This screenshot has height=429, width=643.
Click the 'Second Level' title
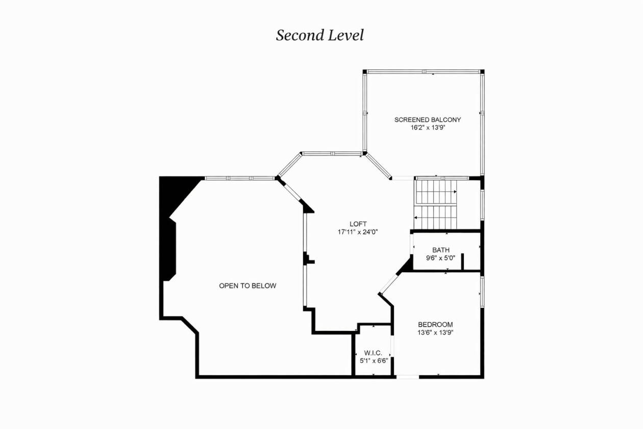320,35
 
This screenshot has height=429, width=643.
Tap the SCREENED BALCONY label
428,120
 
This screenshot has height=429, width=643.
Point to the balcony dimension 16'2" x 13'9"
428,128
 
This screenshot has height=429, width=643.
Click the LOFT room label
358,224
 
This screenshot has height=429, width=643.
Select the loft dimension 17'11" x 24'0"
358,232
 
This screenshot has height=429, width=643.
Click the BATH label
441,250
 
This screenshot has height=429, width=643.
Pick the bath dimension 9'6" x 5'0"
440,258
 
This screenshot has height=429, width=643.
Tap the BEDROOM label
435,325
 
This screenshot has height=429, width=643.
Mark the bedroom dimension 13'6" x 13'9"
435,333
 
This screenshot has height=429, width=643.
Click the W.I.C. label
373,353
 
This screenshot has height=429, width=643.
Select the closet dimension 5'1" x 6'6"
374,361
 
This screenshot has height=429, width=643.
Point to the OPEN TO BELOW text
248,285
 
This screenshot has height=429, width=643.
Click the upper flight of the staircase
436,192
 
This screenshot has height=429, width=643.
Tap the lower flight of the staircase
435,218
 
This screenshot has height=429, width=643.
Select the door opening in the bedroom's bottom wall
408,377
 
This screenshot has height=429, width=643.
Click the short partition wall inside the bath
462,262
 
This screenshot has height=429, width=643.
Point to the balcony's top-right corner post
483,72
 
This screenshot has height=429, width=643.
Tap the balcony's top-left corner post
365,72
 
